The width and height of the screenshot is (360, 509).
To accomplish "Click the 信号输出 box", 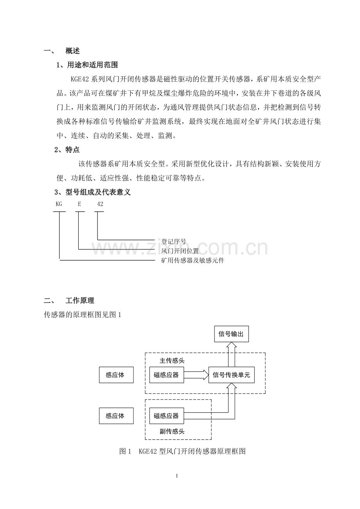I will tap(231, 334).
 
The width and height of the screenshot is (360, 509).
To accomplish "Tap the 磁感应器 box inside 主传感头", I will tap(166, 375).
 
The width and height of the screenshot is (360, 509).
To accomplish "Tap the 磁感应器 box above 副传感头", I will tap(166, 416).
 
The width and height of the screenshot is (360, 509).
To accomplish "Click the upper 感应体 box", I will tap(116, 375).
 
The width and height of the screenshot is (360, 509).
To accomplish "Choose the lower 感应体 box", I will tap(116, 416).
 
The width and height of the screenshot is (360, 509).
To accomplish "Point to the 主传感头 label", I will tap(172, 360).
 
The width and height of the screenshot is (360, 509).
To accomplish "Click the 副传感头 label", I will tap(172, 432).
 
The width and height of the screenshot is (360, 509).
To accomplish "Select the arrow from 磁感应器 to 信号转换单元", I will tap(196, 375).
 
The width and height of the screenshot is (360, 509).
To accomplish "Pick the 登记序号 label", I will tap(174, 241).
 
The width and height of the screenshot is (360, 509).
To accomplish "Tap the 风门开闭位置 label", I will tap(180, 251).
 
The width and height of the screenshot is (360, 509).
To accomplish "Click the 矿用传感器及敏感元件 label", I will tap(193, 260).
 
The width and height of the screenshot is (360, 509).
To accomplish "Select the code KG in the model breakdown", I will tap(59, 204).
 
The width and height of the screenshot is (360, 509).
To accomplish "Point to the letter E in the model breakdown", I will tap(79, 204).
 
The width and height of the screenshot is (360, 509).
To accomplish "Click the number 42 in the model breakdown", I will tap(100, 204).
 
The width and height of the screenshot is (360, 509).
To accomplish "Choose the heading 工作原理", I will tap(80, 301).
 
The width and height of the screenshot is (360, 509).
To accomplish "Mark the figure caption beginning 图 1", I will tap(182, 451).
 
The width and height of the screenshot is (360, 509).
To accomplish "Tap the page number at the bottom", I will tap(177, 476).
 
